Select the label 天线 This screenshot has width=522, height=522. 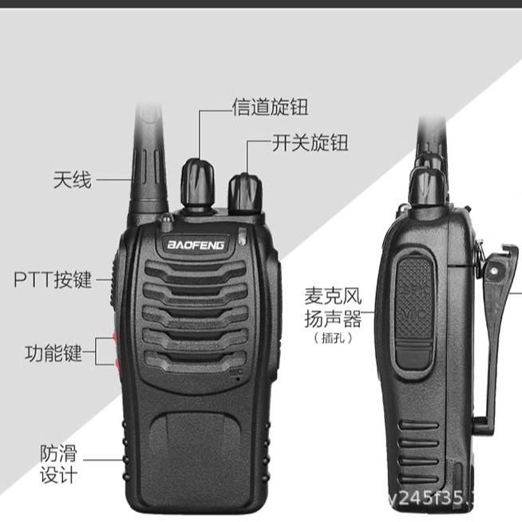[72, 180]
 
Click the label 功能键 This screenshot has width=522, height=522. [53, 352]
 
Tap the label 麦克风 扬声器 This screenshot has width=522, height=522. [333, 308]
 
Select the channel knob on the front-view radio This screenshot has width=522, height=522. [197, 180]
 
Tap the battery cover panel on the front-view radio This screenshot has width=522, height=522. [195, 447]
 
